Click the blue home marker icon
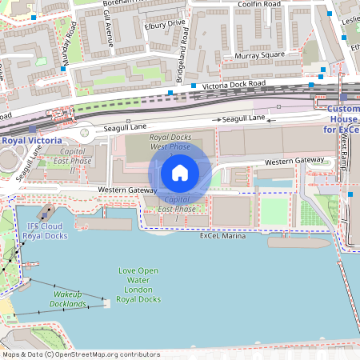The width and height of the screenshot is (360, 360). (179, 173)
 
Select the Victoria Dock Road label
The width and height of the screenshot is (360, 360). (233, 84)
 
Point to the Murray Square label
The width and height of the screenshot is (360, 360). (260, 54)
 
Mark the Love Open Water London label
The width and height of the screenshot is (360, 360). (138, 285)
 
